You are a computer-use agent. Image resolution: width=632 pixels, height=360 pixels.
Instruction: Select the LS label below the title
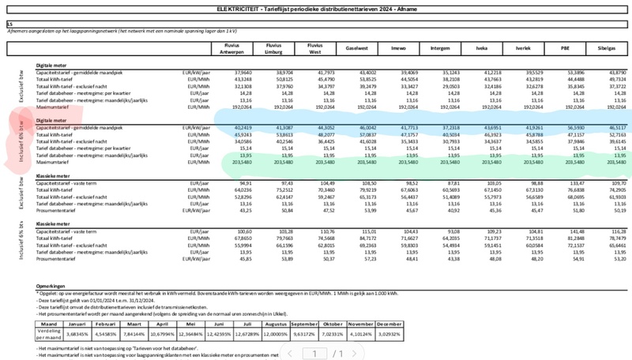(9, 24)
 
